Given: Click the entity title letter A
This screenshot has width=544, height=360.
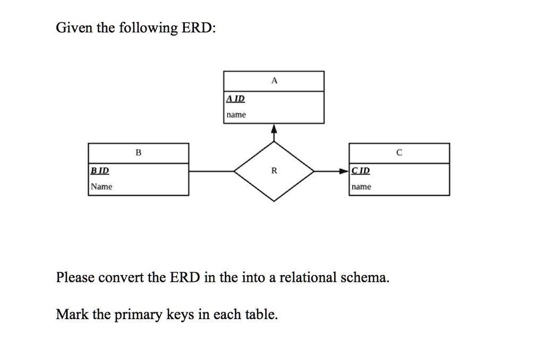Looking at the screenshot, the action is coord(275,81).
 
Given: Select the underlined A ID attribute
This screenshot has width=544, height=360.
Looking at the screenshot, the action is coord(235,99).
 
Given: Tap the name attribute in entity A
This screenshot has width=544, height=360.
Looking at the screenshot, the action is coord(236,115).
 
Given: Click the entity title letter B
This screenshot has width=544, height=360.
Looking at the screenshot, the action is coord(139,152).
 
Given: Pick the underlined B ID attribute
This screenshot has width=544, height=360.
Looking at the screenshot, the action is coord(100,170).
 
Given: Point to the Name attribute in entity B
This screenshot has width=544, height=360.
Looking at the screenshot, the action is coord(101,186).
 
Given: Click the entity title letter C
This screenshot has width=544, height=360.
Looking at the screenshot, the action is coord(399,152).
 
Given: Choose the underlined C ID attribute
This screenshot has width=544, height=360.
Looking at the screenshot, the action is coord(361,170).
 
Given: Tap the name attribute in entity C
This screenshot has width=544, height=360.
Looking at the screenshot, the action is coord(361,187).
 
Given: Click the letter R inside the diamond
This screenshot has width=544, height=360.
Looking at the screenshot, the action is coord(274,170).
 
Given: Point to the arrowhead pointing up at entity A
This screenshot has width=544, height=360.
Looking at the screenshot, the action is coord(274,128).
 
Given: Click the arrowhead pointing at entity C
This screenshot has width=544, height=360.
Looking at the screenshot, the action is coord(344,171).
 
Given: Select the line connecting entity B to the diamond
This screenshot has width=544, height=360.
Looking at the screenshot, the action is coord(211,171).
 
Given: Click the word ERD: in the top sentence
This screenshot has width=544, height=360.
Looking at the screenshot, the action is coord(199,28).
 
